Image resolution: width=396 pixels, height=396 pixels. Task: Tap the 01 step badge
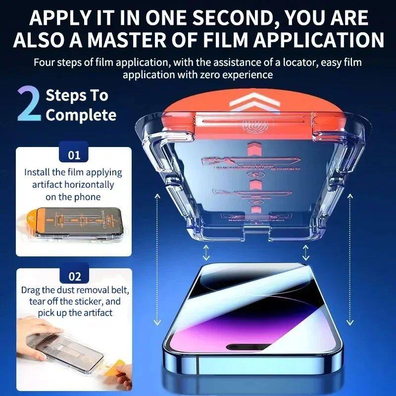pos(74,155)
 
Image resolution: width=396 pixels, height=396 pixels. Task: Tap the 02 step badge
pos(74,277)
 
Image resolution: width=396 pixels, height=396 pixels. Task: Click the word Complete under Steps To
pos(81,115)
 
